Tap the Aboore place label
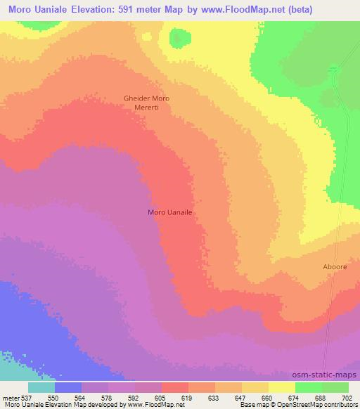[x=314, y=268]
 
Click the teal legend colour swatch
[x=41, y=387]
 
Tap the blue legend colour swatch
[x=68, y=387]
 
